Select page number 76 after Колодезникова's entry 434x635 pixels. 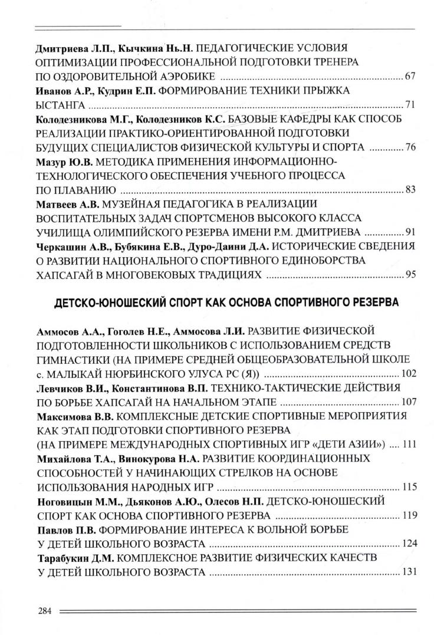410,147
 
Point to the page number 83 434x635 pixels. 410,189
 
